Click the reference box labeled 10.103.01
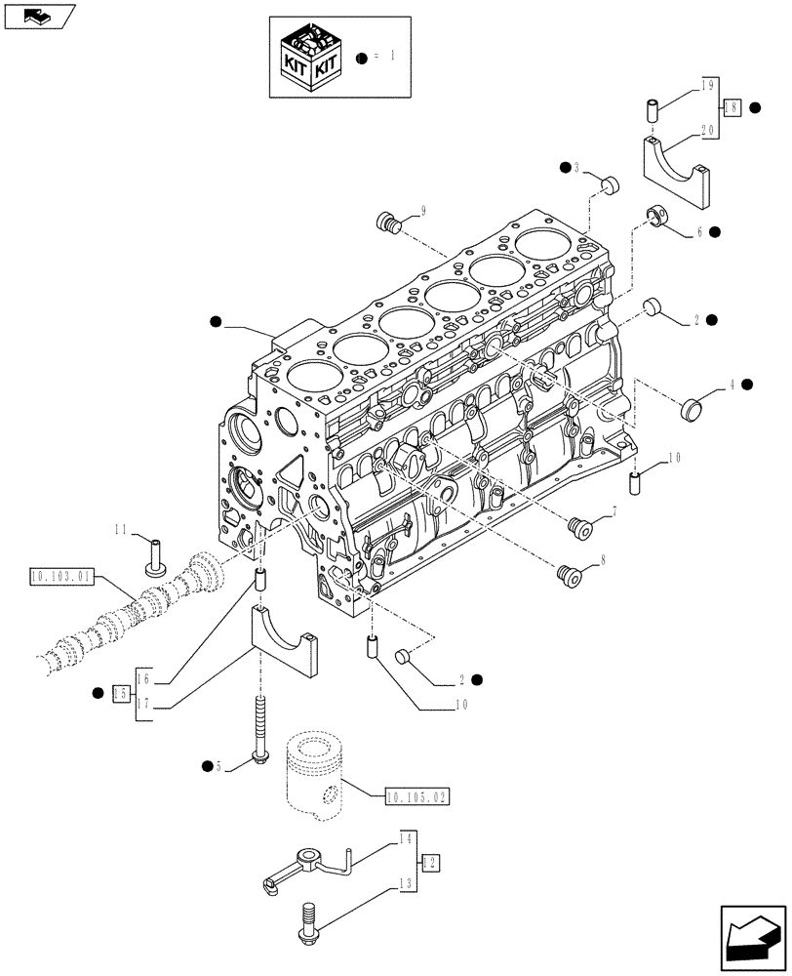(60, 577)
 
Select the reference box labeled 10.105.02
(416, 797)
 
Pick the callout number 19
(708, 86)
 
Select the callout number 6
(697, 231)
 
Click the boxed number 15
(121, 693)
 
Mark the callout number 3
(576, 169)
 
